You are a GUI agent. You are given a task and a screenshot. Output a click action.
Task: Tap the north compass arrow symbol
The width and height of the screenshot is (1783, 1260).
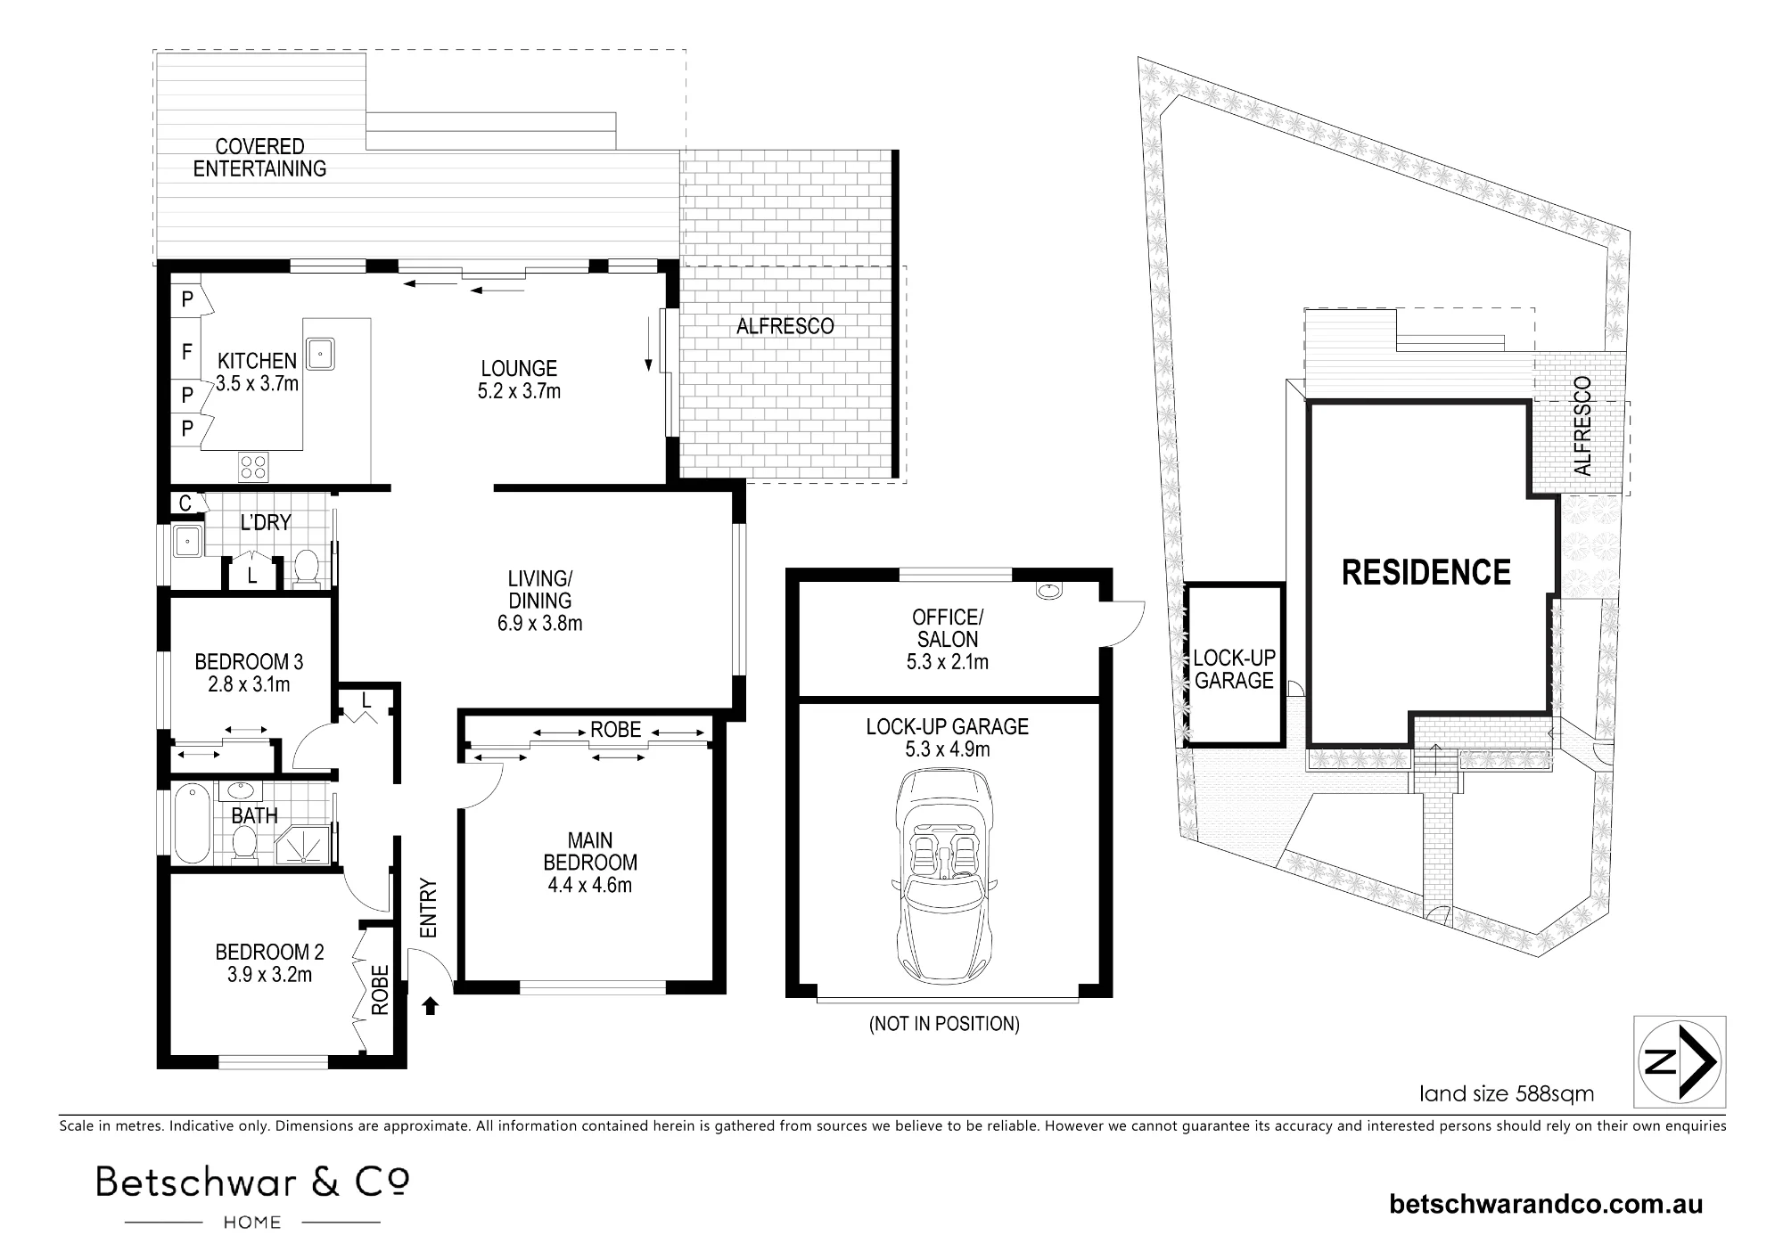click(x=1680, y=1061)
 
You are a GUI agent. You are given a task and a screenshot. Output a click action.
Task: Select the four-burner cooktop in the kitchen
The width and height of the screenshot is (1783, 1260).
click(x=254, y=468)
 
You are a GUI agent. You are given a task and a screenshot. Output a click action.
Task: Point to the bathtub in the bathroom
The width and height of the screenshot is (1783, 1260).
click(x=192, y=824)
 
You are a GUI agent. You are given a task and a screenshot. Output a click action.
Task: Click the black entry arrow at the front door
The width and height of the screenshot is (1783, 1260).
click(x=431, y=1005)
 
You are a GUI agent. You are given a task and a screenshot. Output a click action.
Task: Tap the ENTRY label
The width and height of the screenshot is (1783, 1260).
click(x=429, y=908)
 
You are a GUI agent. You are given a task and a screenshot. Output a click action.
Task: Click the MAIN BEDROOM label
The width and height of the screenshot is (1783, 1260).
click(x=590, y=851)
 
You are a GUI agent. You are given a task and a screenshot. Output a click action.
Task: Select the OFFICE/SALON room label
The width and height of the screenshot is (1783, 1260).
click(x=947, y=627)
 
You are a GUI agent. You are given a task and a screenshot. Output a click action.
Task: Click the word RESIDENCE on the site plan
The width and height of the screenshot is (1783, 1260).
click(x=1426, y=572)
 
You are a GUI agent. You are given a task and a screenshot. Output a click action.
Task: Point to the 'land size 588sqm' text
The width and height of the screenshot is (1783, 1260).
click(x=1507, y=1092)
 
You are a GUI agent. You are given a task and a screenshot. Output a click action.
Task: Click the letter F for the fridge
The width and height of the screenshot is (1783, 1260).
click(x=187, y=352)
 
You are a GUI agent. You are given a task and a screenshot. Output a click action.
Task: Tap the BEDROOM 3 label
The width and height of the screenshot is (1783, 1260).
click(x=249, y=662)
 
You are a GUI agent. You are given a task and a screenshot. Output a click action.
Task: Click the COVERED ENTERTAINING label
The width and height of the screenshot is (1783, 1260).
click(x=259, y=157)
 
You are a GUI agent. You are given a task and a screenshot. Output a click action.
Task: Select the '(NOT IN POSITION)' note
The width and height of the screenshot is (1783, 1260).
click(x=944, y=1024)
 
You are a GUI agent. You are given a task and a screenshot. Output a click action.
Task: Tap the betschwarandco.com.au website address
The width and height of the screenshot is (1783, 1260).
click(x=1546, y=1205)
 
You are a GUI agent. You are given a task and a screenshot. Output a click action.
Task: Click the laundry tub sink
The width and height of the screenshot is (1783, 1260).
click(x=188, y=540)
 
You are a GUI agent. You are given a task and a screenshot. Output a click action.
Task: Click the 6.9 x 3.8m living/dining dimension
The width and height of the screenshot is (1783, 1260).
click(x=539, y=623)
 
